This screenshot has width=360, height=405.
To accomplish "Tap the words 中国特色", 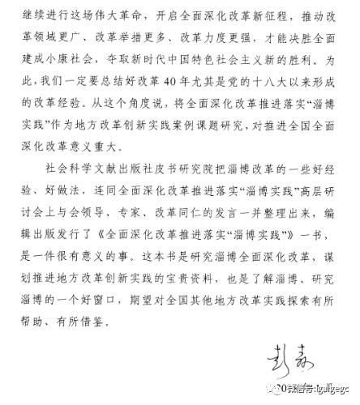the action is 205,59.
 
